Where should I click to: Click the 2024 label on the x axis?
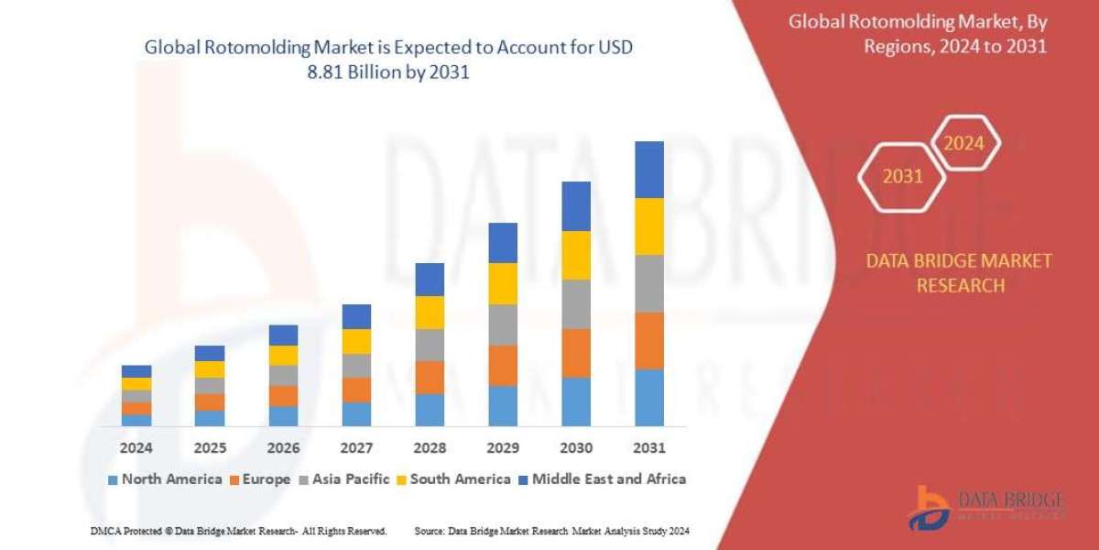click(x=136, y=449)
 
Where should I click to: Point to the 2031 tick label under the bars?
click(x=649, y=449)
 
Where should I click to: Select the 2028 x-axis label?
click(x=430, y=449)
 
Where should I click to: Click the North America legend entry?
click(x=165, y=478)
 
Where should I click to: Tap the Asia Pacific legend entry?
click(x=343, y=478)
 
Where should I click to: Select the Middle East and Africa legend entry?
click(x=602, y=478)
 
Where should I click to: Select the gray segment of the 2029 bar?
click(x=503, y=324)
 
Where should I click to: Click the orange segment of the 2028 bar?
click(x=430, y=378)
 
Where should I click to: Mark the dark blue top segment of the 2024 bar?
click(x=136, y=371)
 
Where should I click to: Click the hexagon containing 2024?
click(x=963, y=144)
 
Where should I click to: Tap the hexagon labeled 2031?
click(x=902, y=177)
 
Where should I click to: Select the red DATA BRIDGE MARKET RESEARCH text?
click(x=959, y=273)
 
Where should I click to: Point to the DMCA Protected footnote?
click(x=238, y=532)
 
